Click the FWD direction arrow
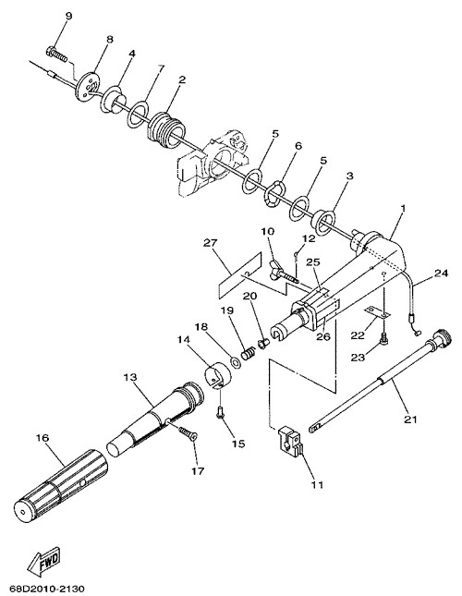point(44,561)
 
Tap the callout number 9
point(68,16)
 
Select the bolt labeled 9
point(57,55)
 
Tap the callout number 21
point(410,420)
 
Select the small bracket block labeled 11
point(291,441)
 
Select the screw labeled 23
point(384,337)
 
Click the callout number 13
point(129,377)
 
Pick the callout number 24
point(442,273)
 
